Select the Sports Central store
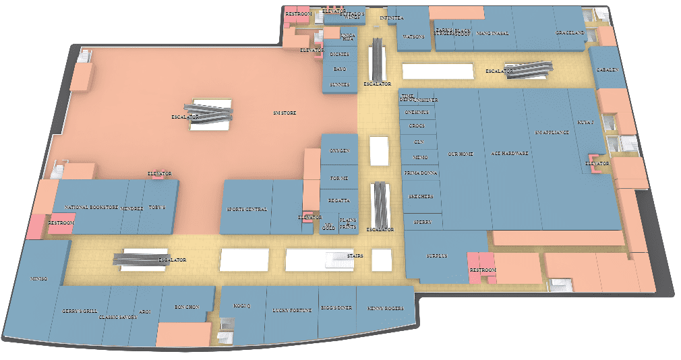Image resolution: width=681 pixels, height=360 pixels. click(247, 209)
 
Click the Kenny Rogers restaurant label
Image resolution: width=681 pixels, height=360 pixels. click(386, 309)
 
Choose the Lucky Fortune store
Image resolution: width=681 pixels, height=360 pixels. click(292, 310)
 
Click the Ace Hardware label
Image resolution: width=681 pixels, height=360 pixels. click(510, 154)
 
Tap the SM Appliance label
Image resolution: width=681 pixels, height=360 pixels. click(552, 132)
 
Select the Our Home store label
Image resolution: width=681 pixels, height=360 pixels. click(461, 154)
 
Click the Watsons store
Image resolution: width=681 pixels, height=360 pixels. click(413, 36)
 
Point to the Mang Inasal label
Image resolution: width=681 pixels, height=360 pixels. click(492, 32)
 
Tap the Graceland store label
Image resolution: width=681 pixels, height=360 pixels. click(569, 32)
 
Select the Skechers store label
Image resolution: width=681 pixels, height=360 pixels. click(421, 196)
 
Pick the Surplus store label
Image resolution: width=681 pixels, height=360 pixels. click(437, 256)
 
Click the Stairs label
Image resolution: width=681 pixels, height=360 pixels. click(355, 256)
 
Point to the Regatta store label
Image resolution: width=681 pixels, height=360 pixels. click(338, 201)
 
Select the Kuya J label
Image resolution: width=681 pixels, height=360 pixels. click(585, 123)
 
